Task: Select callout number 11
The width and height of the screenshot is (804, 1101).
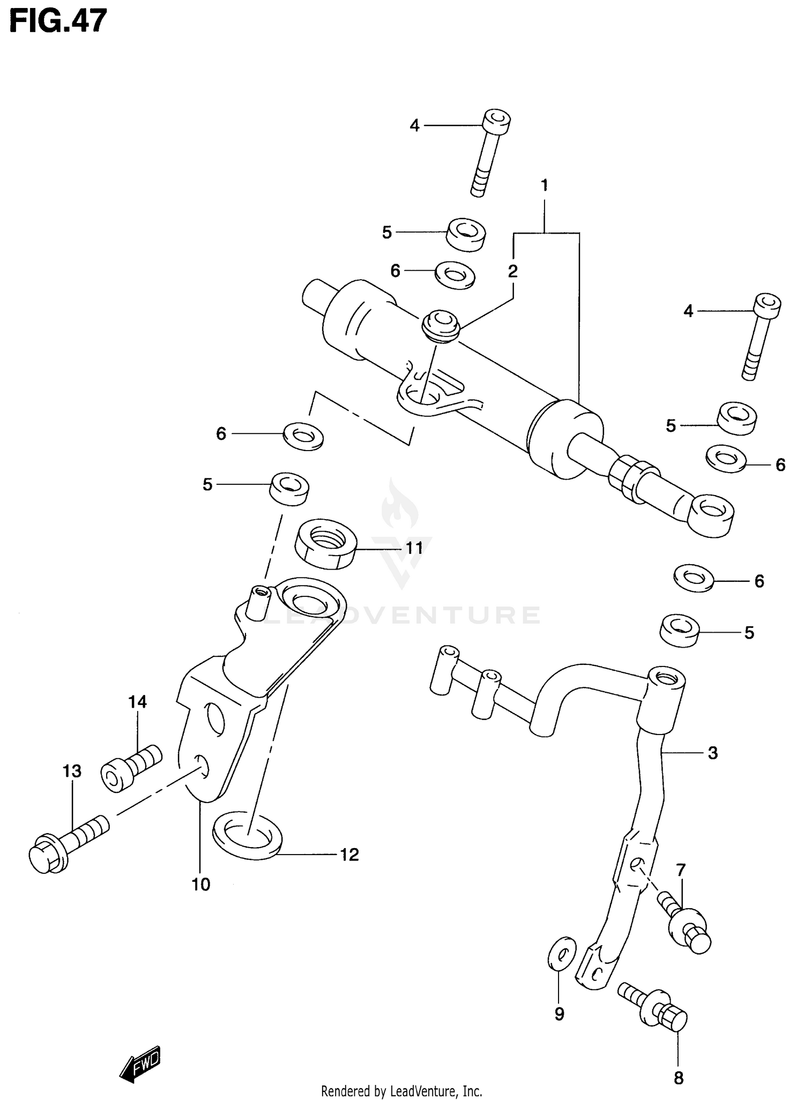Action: click(x=414, y=548)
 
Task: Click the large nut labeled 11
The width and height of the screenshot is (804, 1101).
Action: click(x=326, y=544)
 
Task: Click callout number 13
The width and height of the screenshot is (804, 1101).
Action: click(x=72, y=772)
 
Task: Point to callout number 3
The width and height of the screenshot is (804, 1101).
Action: click(x=712, y=753)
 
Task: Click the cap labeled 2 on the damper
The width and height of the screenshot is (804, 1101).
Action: click(x=441, y=325)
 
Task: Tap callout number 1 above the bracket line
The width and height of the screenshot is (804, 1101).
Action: click(x=545, y=186)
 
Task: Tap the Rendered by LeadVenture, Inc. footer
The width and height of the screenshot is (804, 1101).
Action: click(x=401, y=1091)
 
